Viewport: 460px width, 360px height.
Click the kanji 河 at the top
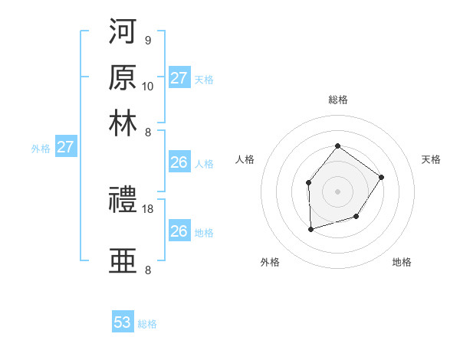123,34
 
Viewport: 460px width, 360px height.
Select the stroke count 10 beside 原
148,85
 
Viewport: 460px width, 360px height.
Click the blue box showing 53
123,322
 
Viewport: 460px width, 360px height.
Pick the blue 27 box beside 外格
65,147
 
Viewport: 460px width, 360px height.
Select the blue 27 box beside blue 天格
179,77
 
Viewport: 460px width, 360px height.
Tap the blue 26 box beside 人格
179,162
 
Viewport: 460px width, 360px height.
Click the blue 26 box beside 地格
179,231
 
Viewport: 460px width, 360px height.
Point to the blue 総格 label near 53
147,324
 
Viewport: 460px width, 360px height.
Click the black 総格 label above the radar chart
337,100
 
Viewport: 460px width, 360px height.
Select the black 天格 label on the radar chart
431,159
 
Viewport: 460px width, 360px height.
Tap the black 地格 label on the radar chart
402,262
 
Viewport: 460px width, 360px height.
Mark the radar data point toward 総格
337,146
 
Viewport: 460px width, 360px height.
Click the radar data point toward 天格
382,178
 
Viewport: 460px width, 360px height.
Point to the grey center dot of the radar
337,191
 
